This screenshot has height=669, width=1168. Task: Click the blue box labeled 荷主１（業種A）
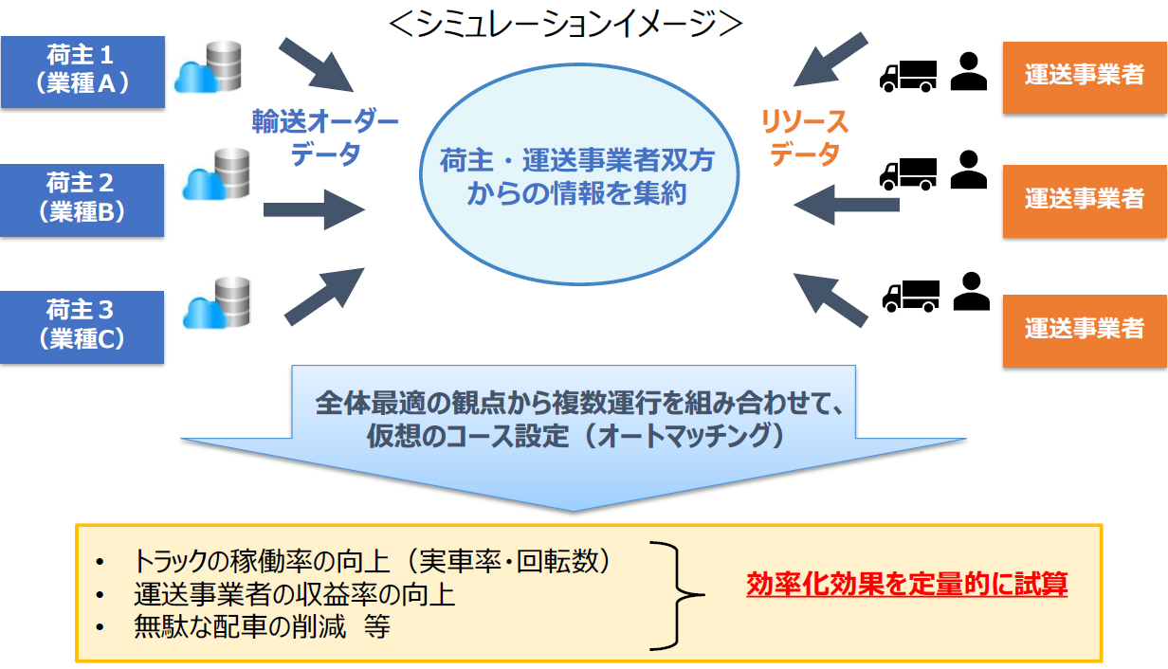click(x=82, y=72)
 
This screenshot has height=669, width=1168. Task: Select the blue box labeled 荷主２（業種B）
click(x=82, y=201)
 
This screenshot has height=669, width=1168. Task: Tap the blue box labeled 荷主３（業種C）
click(x=82, y=327)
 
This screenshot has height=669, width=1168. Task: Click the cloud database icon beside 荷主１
click(x=208, y=66)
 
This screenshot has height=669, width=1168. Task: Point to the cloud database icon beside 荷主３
click(x=217, y=302)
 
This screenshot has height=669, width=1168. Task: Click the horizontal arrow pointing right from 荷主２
click(x=314, y=210)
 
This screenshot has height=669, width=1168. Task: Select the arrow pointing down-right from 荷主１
click(x=316, y=64)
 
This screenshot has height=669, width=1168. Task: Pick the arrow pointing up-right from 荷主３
click(x=324, y=297)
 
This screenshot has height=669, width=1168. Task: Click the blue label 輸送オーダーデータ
click(x=325, y=137)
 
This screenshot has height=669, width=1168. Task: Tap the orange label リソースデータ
click(x=805, y=137)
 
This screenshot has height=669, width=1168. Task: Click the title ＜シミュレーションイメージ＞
click(x=566, y=24)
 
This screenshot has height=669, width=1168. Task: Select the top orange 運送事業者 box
click(x=1085, y=78)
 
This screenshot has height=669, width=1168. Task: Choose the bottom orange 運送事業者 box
click(x=1085, y=332)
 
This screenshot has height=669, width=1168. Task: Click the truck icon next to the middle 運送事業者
click(x=908, y=174)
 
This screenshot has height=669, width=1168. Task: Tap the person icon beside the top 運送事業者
click(x=969, y=71)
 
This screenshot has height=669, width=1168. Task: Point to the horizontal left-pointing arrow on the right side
click(x=847, y=205)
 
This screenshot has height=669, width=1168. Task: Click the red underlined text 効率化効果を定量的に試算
click(x=906, y=584)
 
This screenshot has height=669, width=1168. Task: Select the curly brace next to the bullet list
click(x=677, y=595)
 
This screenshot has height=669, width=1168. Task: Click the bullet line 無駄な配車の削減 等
click(x=262, y=626)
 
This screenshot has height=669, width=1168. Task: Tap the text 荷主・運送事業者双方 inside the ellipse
click(x=576, y=160)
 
